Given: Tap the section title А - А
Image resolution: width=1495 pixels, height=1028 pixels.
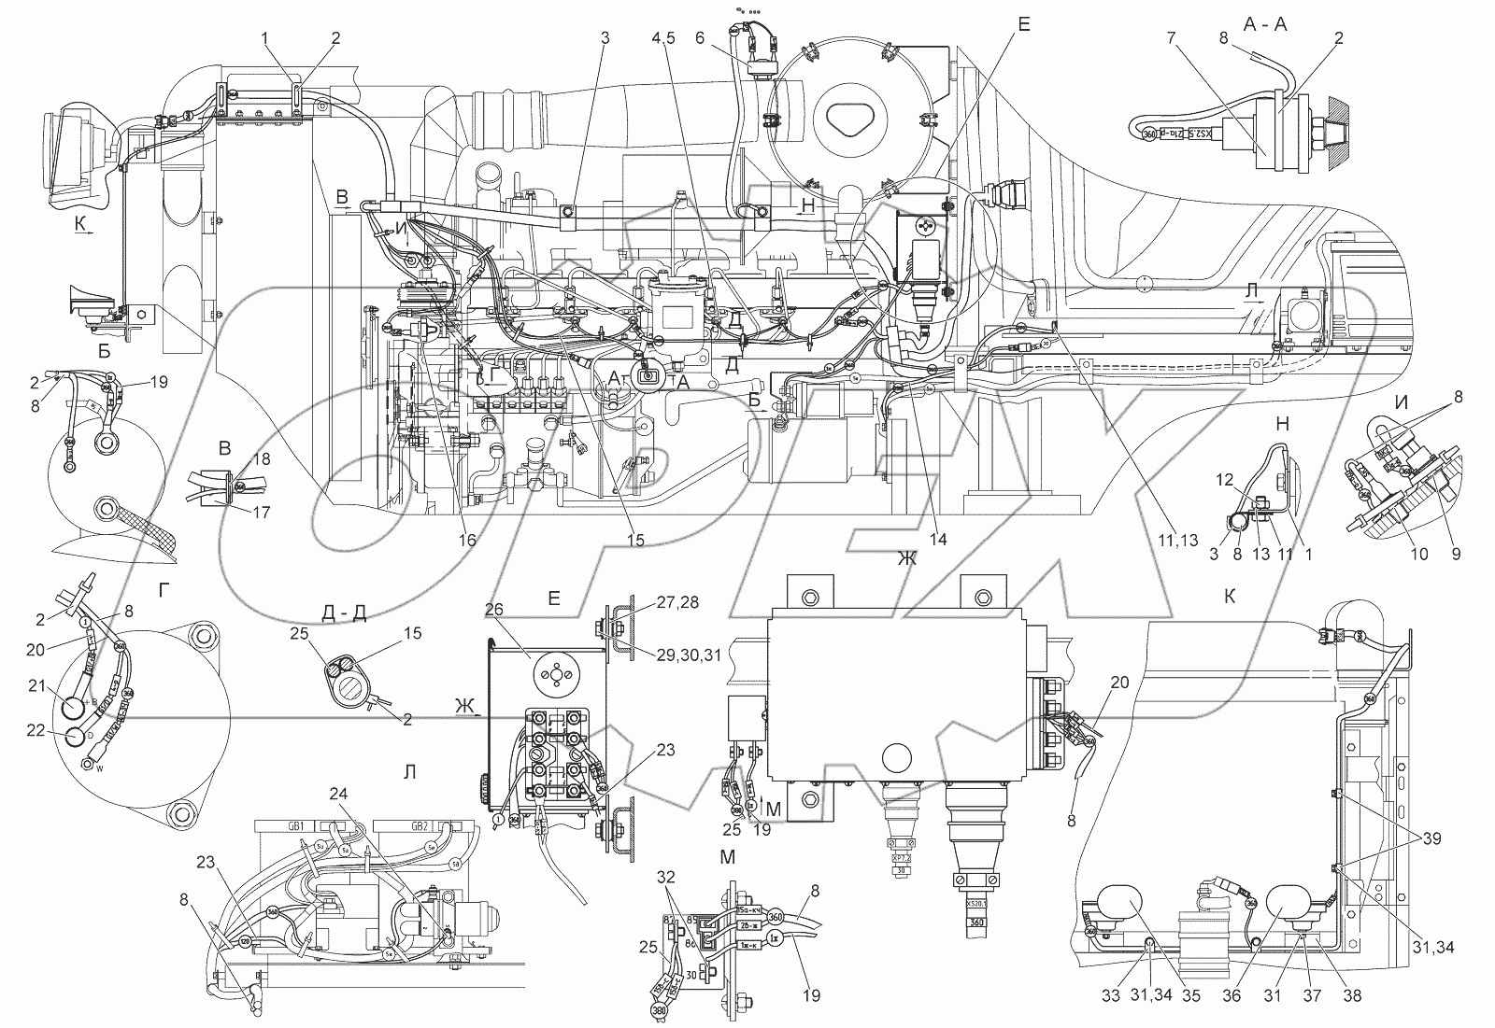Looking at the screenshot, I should coord(1265,25).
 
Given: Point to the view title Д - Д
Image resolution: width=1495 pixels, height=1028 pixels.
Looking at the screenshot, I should coord(341,613).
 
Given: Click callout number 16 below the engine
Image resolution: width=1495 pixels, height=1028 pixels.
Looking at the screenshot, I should coord(467,540).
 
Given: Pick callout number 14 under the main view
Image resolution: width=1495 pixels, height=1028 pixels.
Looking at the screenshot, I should coord(937,540).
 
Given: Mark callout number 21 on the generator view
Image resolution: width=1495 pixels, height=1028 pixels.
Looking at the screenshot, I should coord(36,687).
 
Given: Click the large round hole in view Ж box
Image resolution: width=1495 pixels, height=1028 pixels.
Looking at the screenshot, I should coord(896,754).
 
